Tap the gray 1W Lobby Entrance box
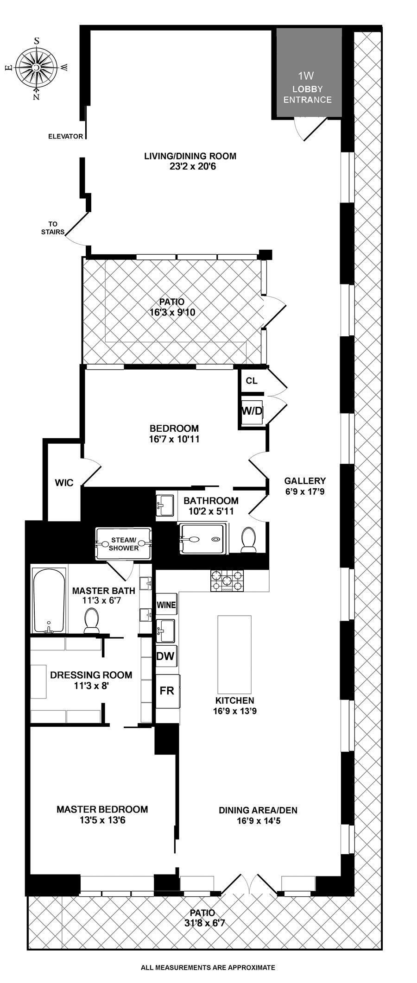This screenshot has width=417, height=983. [x=309, y=72]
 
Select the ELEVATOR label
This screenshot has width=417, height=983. [x=66, y=137]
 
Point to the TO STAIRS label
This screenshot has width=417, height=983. [x=53, y=228]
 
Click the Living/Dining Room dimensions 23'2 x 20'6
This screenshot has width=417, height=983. [x=190, y=166]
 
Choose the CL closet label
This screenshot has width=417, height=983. [x=252, y=381]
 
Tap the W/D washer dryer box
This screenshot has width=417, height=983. [x=252, y=411]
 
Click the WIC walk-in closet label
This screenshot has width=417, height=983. [x=64, y=483]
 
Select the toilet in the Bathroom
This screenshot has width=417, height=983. [x=249, y=540]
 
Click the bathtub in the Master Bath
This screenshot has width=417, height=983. [x=49, y=600]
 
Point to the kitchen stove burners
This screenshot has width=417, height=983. [x=227, y=580]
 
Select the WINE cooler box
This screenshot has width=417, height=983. [x=166, y=605]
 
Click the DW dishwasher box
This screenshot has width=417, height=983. [x=166, y=655]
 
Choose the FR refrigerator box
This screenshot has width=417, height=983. [x=167, y=691]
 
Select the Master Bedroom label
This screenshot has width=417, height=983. [x=102, y=809]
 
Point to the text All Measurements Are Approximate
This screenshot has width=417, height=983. [x=208, y=967]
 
